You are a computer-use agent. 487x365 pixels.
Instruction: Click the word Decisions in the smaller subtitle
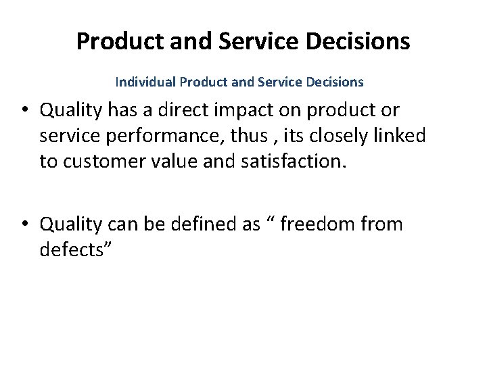pyautogui.click(x=335, y=82)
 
